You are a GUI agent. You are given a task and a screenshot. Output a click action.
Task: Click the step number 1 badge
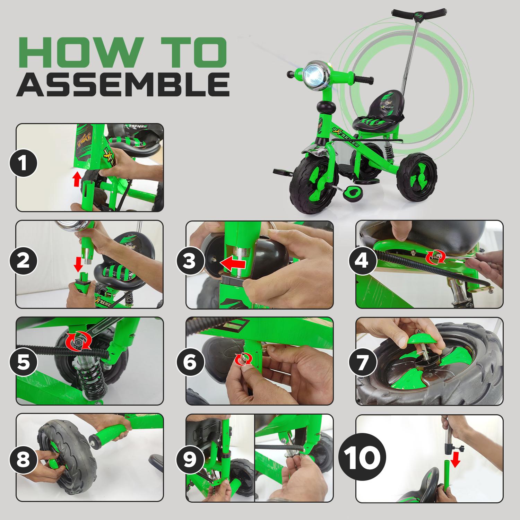click(x=23, y=164)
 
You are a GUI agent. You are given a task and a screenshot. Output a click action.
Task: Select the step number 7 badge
click(x=363, y=363)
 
